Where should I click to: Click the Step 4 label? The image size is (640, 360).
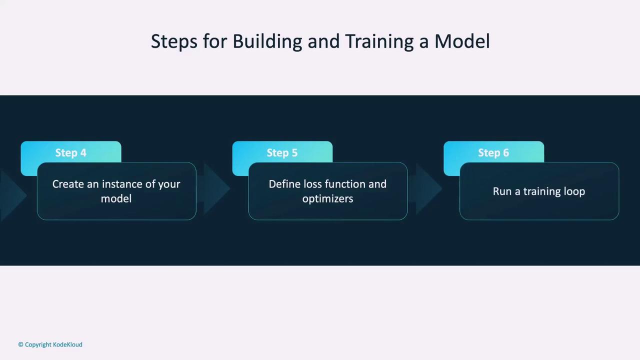click(x=70, y=153)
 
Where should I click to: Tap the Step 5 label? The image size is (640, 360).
click(x=282, y=153)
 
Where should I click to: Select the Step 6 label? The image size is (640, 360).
click(x=493, y=153)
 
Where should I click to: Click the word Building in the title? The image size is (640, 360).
click(x=267, y=41)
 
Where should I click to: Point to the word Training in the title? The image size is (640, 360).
click(x=379, y=41)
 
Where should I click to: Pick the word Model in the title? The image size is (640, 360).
click(x=462, y=41)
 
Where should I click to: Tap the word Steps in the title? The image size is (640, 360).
click(x=174, y=41)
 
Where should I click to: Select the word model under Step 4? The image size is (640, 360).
click(x=116, y=198)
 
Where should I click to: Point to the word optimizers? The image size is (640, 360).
click(x=327, y=199)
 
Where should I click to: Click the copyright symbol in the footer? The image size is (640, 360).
click(x=20, y=344)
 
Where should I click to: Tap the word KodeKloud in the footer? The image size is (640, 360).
click(x=67, y=344)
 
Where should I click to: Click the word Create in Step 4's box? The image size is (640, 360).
click(x=68, y=184)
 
